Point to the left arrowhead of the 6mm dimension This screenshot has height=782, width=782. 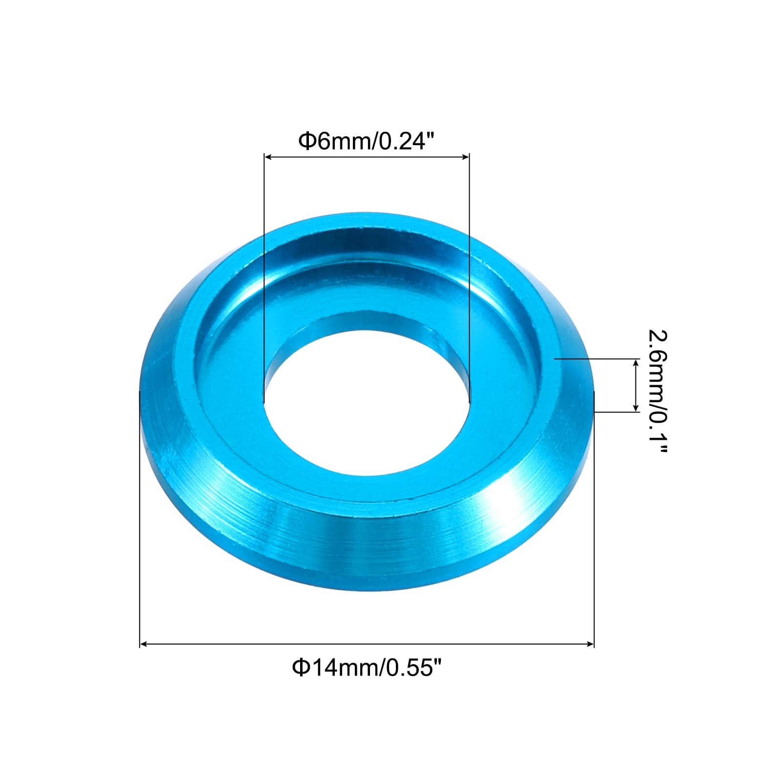pos(268,157)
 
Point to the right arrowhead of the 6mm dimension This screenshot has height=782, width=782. pos(465,157)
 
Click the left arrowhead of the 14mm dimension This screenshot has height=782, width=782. pos(144,645)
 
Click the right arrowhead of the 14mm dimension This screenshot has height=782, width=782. pos(589,645)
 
